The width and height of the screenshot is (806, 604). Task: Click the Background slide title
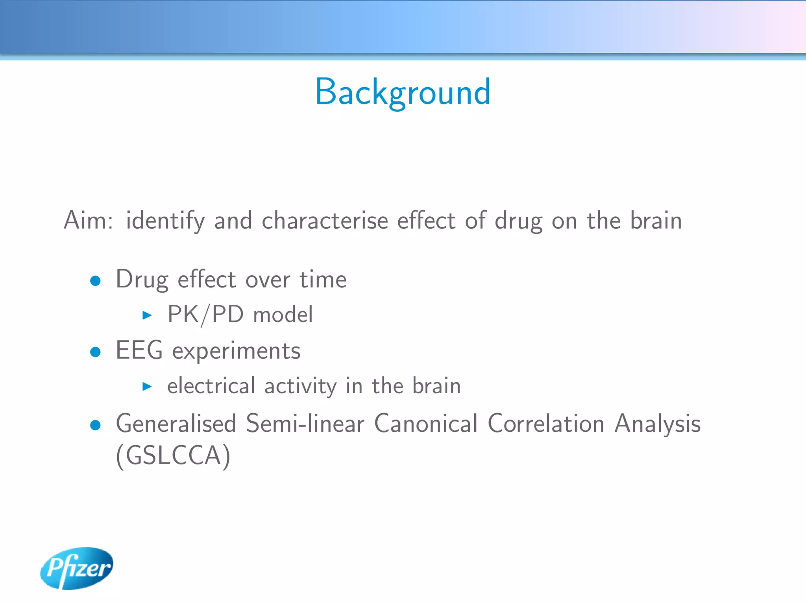403,92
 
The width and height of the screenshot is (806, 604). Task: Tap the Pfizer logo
77,568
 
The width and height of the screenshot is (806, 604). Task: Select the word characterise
325,220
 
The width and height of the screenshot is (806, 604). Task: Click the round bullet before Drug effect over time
95,281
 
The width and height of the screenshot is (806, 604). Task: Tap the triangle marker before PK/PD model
147,315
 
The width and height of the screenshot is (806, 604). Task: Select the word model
283,315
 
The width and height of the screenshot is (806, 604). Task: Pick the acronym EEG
139,350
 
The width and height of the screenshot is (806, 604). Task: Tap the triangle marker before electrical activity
147,386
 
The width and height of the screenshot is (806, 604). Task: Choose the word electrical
211,386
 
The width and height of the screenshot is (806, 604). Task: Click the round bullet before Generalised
95,425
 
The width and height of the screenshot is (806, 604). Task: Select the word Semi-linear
305,424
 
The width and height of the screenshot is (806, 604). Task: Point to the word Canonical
426,424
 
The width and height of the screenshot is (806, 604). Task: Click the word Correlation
546,424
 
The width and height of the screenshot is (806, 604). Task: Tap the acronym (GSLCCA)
173,456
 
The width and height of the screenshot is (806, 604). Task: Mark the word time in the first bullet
323,280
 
